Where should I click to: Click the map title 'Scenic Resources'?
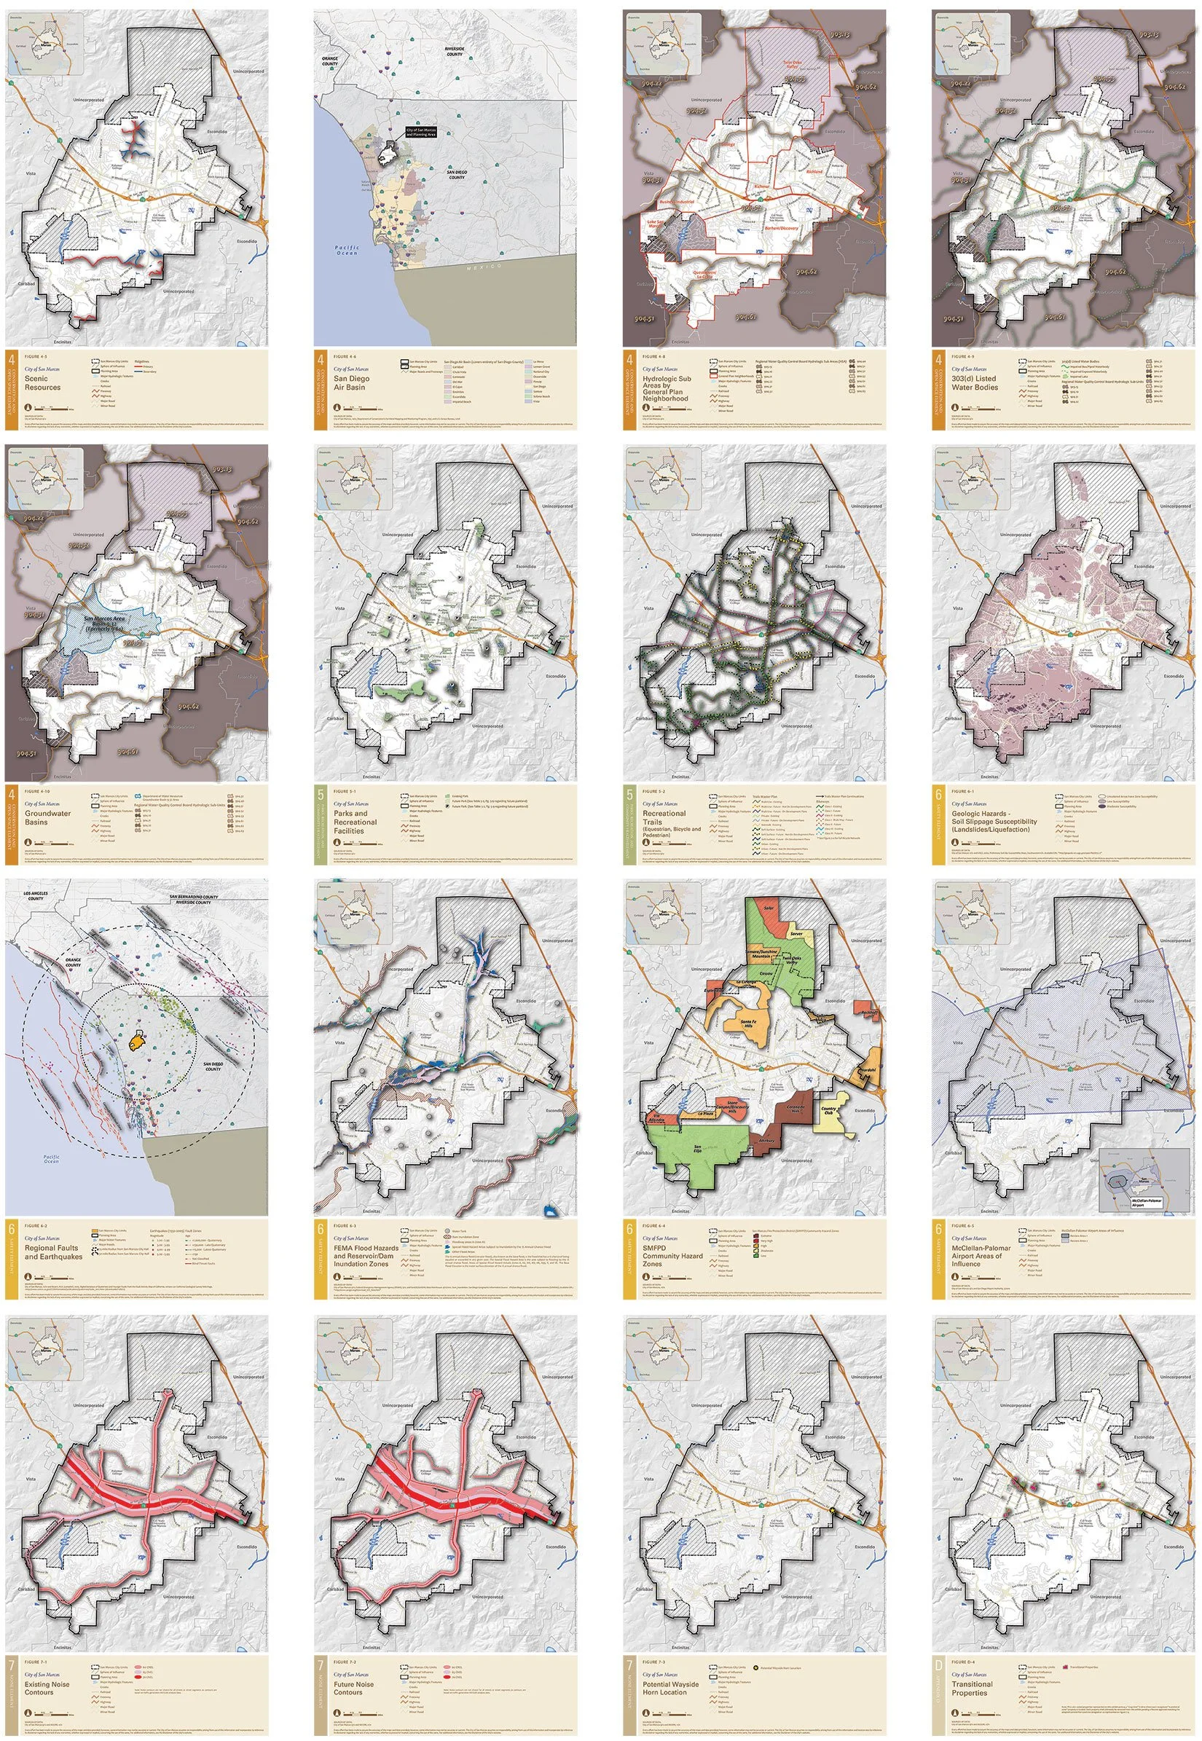click(42, 383)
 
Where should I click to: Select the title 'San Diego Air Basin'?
click(350, 383)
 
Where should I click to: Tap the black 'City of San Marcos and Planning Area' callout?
click(421, 132)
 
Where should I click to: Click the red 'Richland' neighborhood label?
click(814, 172)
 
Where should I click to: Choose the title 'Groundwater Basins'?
click(47, 818)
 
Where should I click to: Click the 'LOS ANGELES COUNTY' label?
click(36, 896)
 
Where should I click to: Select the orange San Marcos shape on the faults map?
click(136, 1042)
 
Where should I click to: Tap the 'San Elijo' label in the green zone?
click(699, 1148)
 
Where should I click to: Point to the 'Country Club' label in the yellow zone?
click(828, 1111)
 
